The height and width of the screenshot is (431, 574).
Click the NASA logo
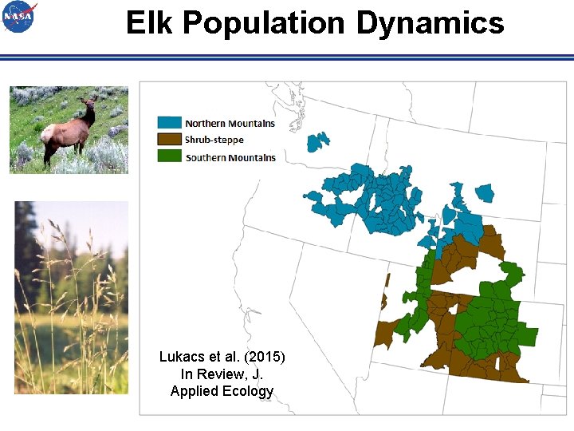(19, 17)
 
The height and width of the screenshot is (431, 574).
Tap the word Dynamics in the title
(430, 23)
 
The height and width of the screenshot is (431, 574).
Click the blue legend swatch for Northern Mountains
(169, 123)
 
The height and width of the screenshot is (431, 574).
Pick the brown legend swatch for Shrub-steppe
(169, 140)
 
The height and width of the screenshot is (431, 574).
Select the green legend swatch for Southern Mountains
(169, 156)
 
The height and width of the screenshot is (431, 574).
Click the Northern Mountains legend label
(230, 123)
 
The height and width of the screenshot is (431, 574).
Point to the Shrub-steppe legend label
(214, 140)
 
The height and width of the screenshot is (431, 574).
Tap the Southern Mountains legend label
(230, 157)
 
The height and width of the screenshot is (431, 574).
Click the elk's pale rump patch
(49, 132)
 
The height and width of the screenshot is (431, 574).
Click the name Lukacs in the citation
(180, 356)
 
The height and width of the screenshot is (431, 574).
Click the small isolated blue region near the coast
(318, 141)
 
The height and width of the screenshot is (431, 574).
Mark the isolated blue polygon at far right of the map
(484, 193)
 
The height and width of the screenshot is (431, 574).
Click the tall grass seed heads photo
(71, 297)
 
